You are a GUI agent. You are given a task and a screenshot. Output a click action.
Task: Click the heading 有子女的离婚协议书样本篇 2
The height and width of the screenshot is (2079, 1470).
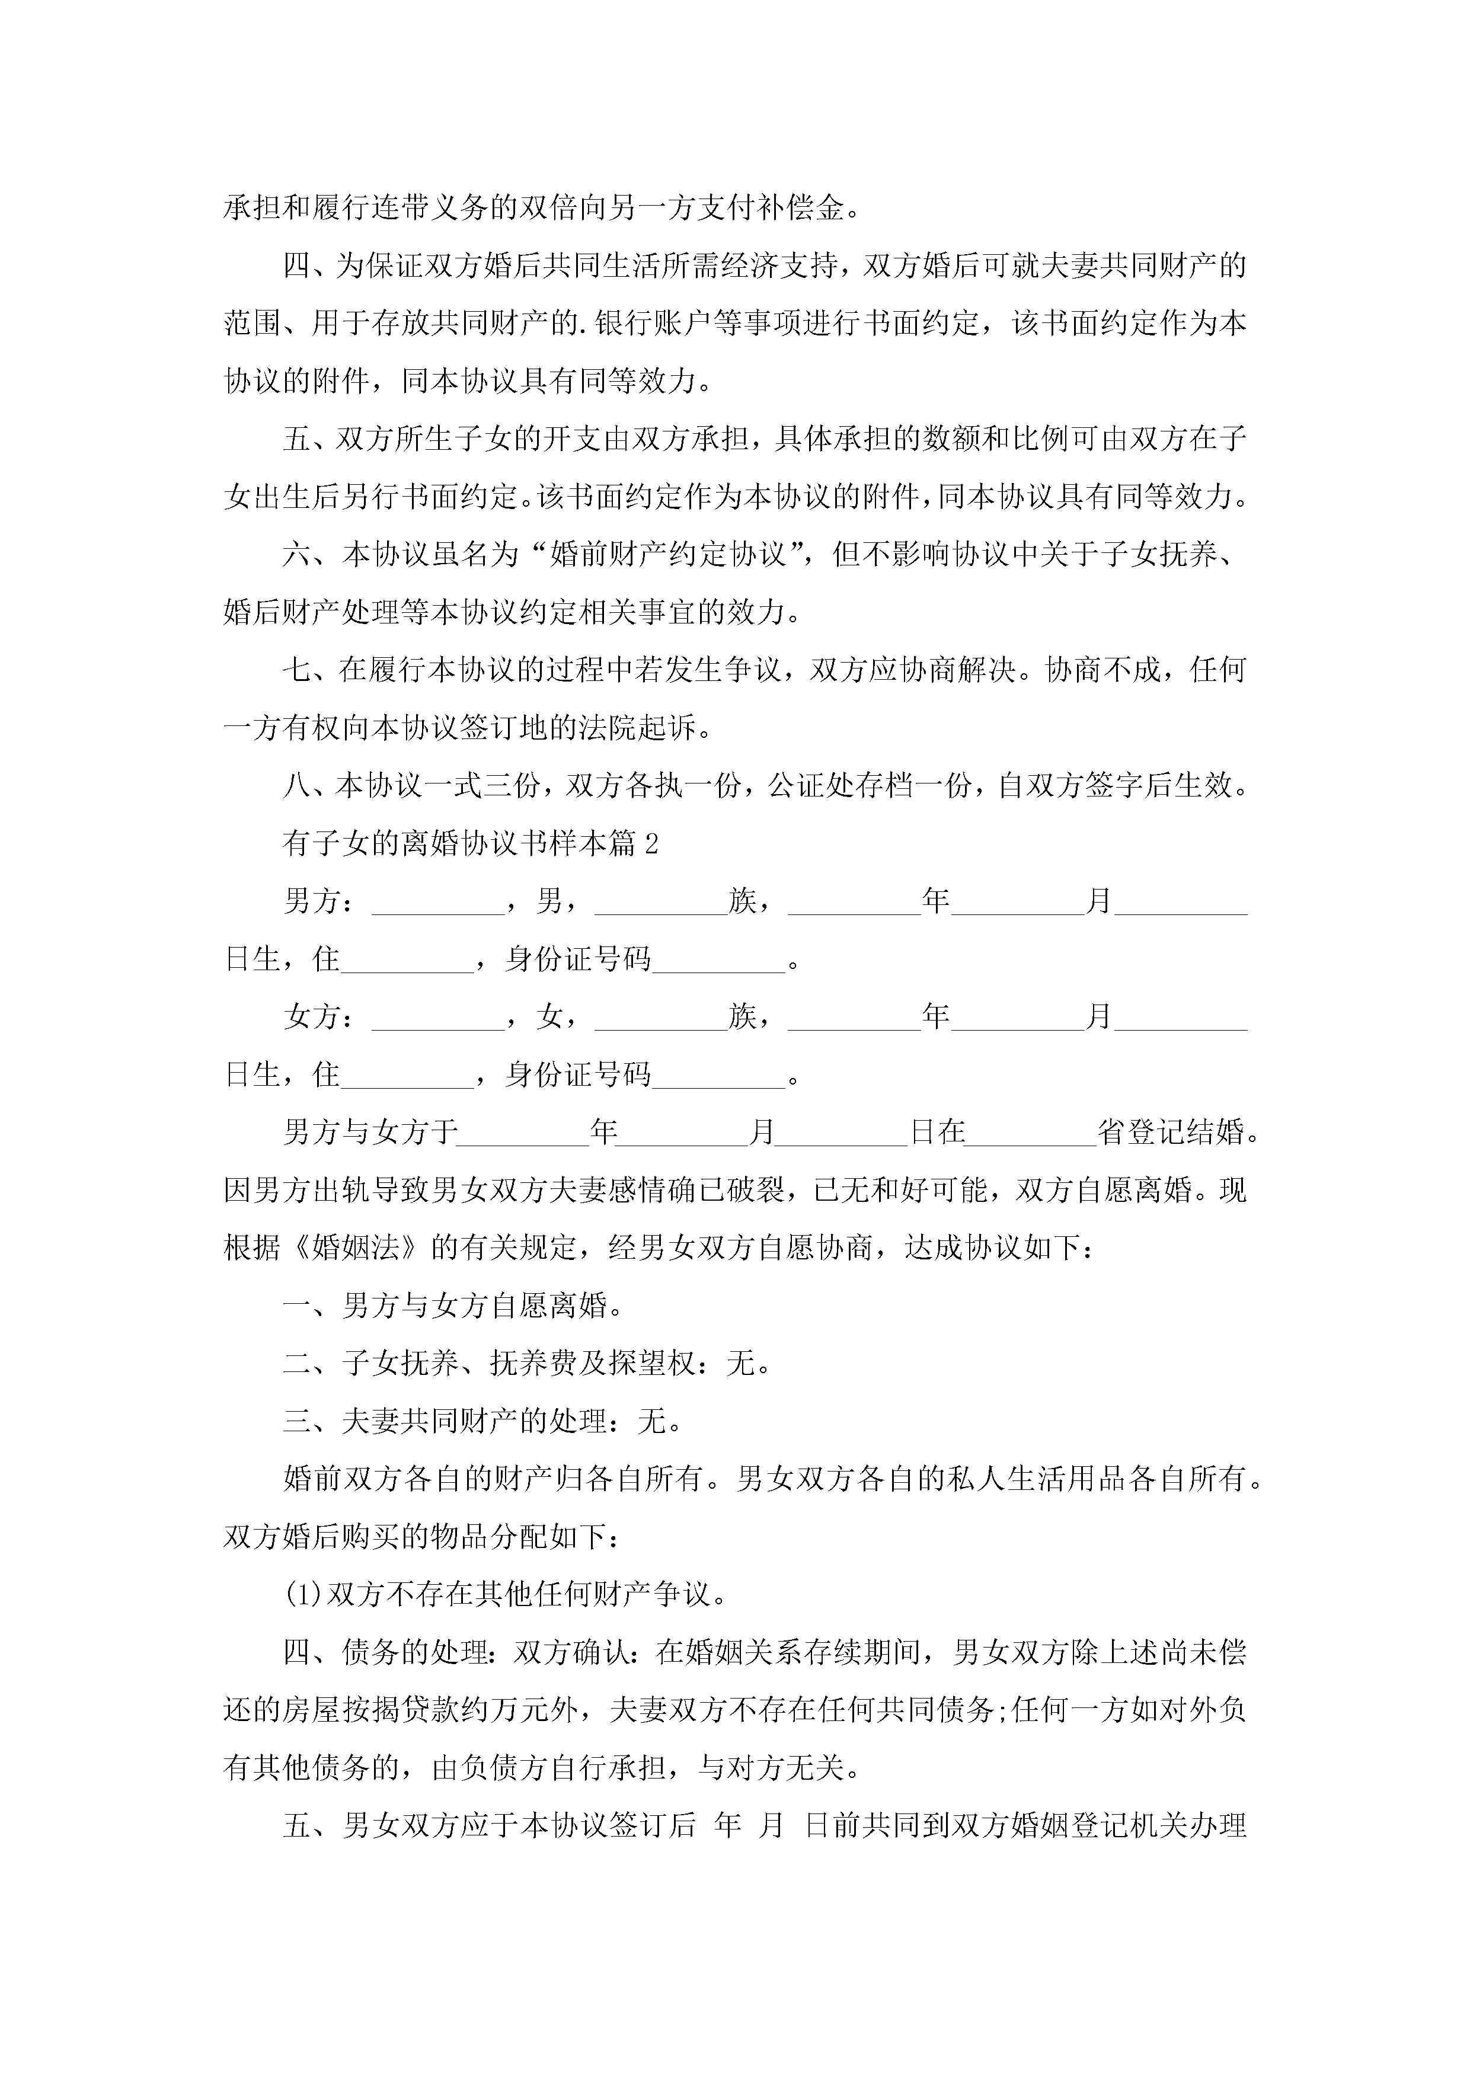point(470,844)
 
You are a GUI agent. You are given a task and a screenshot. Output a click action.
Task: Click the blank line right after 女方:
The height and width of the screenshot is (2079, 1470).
point(439,1025)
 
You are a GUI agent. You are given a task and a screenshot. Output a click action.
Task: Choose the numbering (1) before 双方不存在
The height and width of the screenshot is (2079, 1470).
point(304,1595)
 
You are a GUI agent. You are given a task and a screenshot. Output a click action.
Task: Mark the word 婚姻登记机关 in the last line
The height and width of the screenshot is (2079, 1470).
point(1069,1827)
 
